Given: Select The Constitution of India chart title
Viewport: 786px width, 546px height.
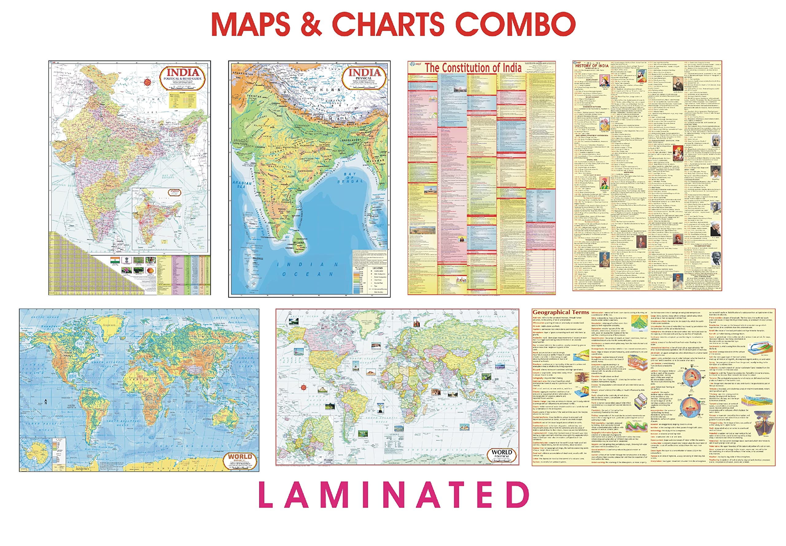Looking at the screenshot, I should tap(473, 68).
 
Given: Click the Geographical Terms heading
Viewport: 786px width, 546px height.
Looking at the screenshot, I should tap(560, 312).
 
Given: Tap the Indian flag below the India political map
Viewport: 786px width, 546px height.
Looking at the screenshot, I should tap(115, 261).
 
